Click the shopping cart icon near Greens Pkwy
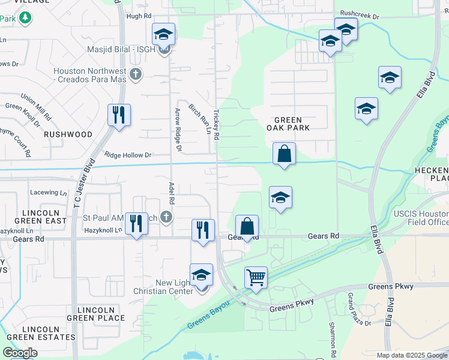pyautogui.click(x=256, y=278)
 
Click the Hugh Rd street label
pyautogui.click(x=139, y=16)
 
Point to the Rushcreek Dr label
pyautogui.click(x=360, y=13)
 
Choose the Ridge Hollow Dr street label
pyautogui.click(x=128, y=155)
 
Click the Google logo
pyautogui.click(x=20, y=353)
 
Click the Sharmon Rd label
pyautogui.click(x=332, y=339)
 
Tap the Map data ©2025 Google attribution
pyautogui.click(x=412, y=355)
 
